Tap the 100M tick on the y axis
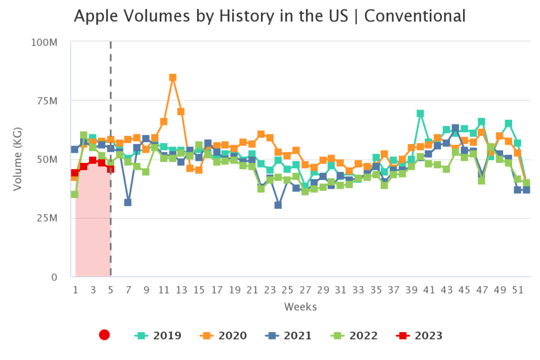pos(44,42)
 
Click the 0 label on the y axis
pos(54,277)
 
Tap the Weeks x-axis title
pos(300,306)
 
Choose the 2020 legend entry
pos(224,335)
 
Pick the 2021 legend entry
pos(290,335)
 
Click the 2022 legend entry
pos(354,335)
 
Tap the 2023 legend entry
pos(420,335)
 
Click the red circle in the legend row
pos(104,335)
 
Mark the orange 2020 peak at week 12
pos(173,77)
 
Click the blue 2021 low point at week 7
pos(128,202)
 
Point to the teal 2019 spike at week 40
pos(420,113)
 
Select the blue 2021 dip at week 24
pos(278,205)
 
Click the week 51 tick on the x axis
pos(518,290)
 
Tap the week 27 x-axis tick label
pos(305,290)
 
